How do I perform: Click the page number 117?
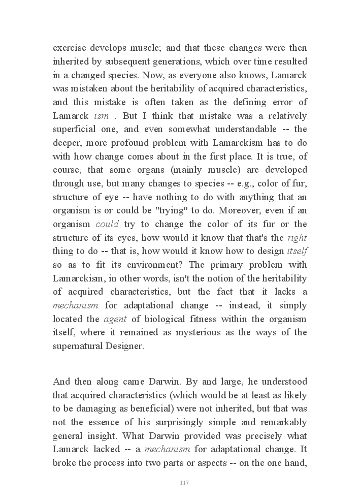click(184, 483)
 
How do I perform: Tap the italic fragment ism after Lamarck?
click(102, 116)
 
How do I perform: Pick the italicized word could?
click(107, 224)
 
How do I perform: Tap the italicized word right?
click(297, 238)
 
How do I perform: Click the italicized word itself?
click(298, 251)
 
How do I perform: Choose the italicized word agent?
click(115, 319)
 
